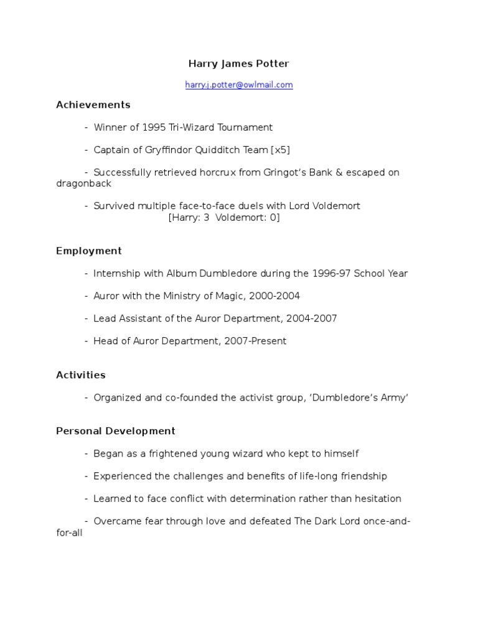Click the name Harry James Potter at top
coord(238,63)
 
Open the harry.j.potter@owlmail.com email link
coord(238,85)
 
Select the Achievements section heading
coord(93,105)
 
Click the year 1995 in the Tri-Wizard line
coord(154,128)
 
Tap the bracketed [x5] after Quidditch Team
coord(280,150)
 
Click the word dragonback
coord(84,184)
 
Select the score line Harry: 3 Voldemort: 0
coord(224,218)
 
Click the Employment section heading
coord(89,251)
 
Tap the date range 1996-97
coord(331,274)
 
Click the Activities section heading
coord(81,375)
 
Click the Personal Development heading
coord(116,431)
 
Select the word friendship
coord(361,477)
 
